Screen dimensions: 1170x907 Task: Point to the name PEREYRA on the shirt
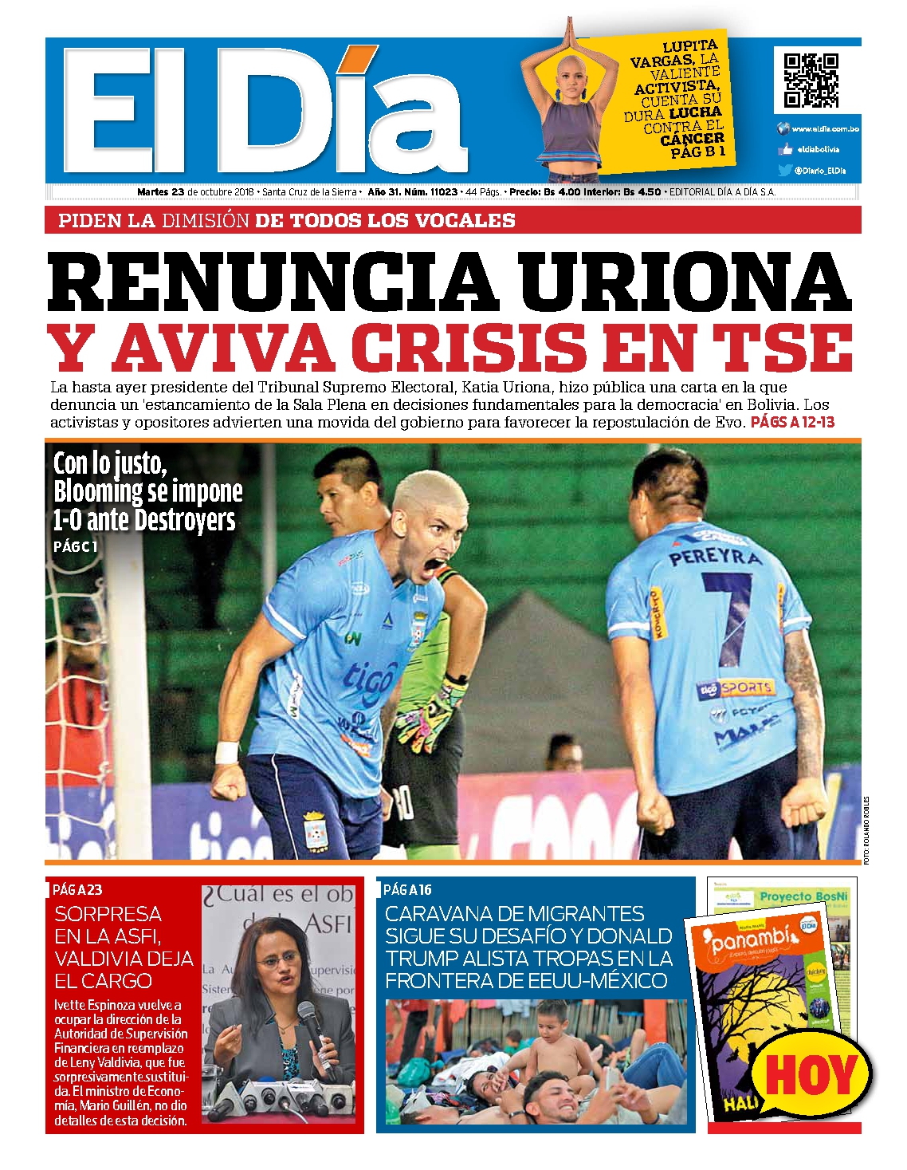[x=714, y=557]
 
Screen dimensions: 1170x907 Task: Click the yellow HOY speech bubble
[x=811, y=1074]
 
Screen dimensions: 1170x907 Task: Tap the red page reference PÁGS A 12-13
[x=792, y=422]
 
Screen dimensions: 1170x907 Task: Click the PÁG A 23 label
[x=77, y=889]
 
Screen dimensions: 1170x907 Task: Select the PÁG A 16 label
[x=407, y=889]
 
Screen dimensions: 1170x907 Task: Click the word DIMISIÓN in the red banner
[x=206, y=221]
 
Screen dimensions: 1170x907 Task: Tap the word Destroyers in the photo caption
[x=185, y=520]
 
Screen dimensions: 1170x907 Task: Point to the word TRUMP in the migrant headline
[x=422, y=958]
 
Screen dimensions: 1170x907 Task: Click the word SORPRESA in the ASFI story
[x=108, y=913]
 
